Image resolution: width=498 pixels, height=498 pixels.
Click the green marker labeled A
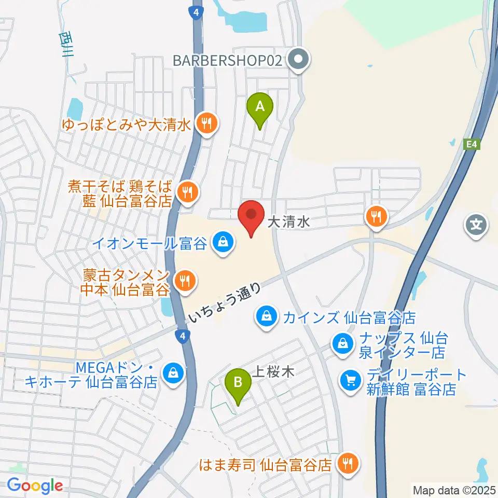[260, 108]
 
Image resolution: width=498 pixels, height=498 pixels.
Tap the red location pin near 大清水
[251, 217]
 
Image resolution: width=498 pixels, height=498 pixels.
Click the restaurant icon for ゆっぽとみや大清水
[207, 123]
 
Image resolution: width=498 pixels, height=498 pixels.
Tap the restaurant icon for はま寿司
[346, 463]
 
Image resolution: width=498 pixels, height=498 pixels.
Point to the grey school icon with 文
[476, 225]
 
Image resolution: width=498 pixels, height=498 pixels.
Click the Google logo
[35, 486]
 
